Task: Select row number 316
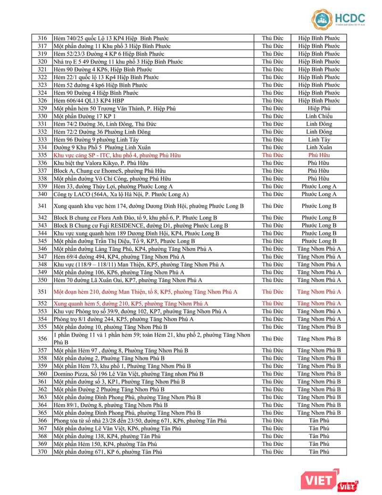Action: pyautogui.click(x=42, y=38)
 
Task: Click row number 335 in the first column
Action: pyautogui.click(x=42, y=155)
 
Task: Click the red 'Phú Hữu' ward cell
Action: pyautogui.click(x=319, y=155)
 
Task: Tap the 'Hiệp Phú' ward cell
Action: pyautogui.click(x=319, y=109)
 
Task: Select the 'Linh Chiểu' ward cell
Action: pyautogui.click(x=319, y=116)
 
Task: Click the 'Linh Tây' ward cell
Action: pyautogui.click(x=319, y=140)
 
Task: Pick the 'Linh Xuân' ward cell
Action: pyautogui.click(x=319, y=147)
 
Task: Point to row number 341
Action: pyautogui.click(x=42, y=206)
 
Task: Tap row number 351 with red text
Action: pyautogui.click(x=42, y=292)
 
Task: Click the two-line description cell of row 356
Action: pyautogui.click(x=156, y=338)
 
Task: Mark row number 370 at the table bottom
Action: pyautogui.click(x=42, y=452)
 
